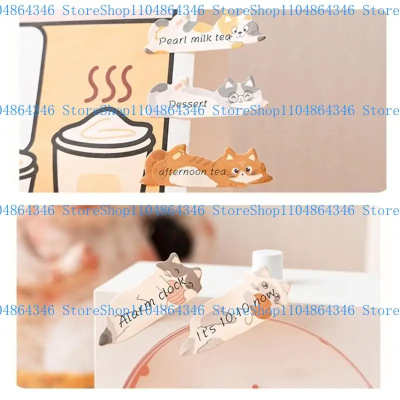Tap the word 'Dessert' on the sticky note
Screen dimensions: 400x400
point(187,103)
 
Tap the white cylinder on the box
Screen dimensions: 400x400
point(264,261)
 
